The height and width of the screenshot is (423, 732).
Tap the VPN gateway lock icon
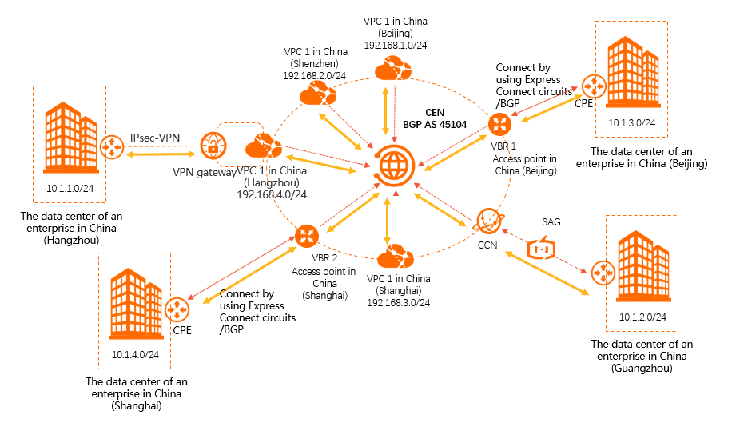[x=213, y=147]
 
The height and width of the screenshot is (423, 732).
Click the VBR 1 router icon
[x=500, y=124]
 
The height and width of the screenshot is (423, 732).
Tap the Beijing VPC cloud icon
[x=395, y=71]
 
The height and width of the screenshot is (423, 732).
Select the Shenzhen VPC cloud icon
[x=316, y=96]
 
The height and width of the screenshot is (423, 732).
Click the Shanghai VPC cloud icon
[x=396, y=259]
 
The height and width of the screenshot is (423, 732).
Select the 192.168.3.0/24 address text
[x=399, y=302]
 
